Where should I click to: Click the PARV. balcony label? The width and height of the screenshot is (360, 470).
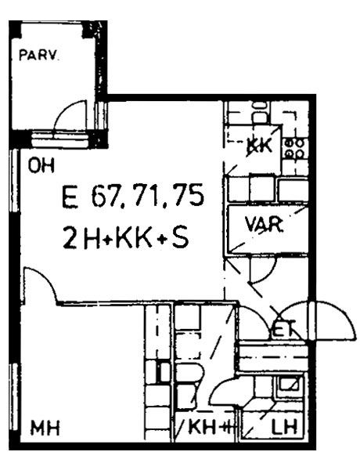(38, 56)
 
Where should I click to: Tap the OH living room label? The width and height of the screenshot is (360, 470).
(41, 165)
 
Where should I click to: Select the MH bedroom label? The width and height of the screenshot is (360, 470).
(45, 428)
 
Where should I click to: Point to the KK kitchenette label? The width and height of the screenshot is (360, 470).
(259, 147)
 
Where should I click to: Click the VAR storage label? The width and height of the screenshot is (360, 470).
(264, 224)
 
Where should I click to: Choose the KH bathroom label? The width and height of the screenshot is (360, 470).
(202, 427)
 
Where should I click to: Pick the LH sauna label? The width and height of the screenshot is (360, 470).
(284, 427)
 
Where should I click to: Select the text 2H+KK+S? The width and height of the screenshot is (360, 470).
(126, 237)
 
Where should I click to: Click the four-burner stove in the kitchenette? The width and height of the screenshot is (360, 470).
(295, 149)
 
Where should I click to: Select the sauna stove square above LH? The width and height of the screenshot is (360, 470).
(289, 384)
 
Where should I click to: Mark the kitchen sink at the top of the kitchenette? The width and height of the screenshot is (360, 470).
(260, 112)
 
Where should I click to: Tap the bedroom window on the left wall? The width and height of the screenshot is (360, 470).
(14, 394)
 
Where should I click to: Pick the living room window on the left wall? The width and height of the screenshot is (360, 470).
(14, 181)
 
